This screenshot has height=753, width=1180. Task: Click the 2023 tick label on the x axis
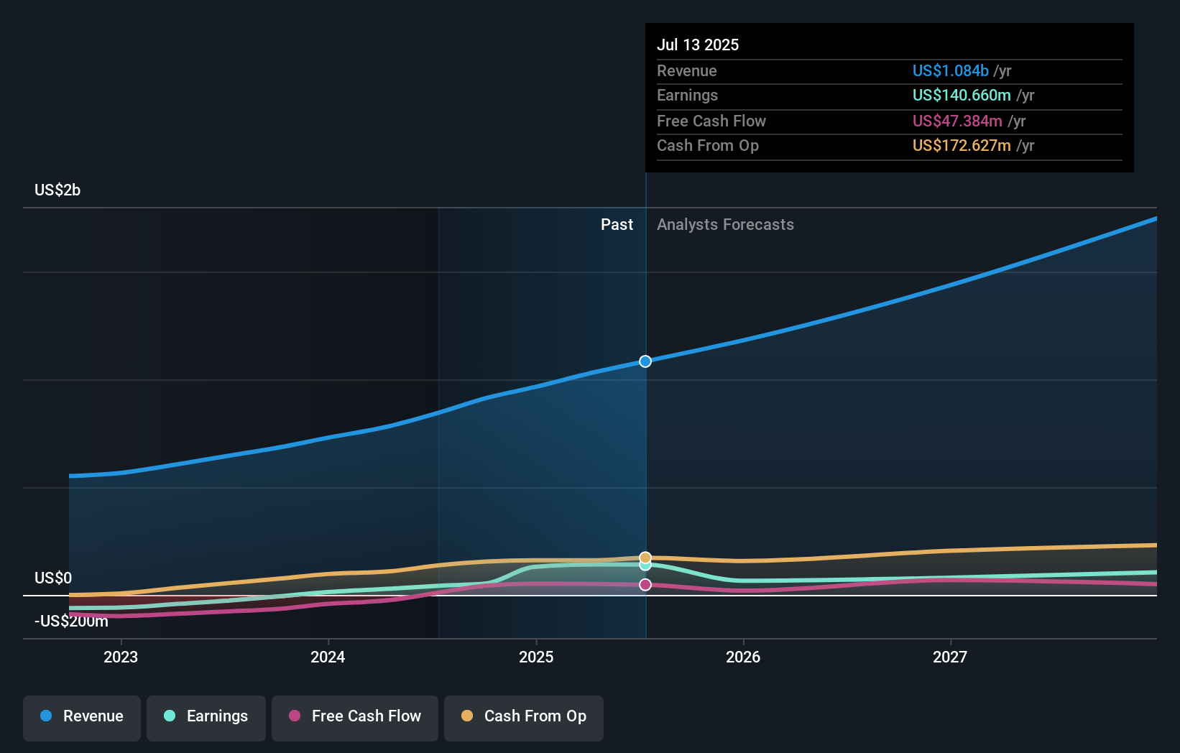[121, 657]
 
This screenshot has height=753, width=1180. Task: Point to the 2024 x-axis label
[328, 657]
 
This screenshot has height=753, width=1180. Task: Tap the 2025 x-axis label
[535, 657]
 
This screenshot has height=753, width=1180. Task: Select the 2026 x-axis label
[743, 657]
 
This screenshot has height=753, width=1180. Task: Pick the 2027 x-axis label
[950, 657]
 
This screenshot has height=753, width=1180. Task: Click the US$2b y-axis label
[57, 190]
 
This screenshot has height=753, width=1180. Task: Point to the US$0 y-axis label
[52, 578]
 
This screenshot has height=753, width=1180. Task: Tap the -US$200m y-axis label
[71, 622]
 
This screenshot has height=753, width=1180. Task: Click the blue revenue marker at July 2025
[645, 361]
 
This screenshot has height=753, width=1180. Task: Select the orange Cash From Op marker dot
[645, 558]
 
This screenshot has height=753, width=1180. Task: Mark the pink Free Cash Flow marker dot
[645, 584]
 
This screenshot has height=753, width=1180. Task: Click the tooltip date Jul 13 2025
[698, 45]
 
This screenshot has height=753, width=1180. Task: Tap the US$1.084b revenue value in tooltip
[950, 70]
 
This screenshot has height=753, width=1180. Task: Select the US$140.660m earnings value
[962, 96]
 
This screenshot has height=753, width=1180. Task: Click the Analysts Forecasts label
[725, 225]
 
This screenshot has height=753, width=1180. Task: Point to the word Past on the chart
[617, 225]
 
